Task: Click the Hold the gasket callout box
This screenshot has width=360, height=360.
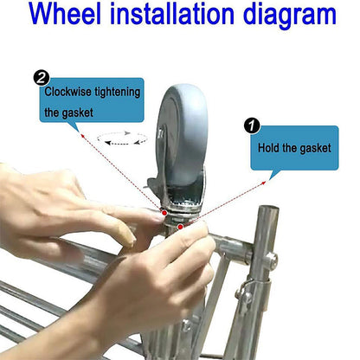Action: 293,148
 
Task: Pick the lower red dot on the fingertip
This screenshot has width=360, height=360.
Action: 180,227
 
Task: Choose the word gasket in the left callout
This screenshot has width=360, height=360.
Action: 91,113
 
